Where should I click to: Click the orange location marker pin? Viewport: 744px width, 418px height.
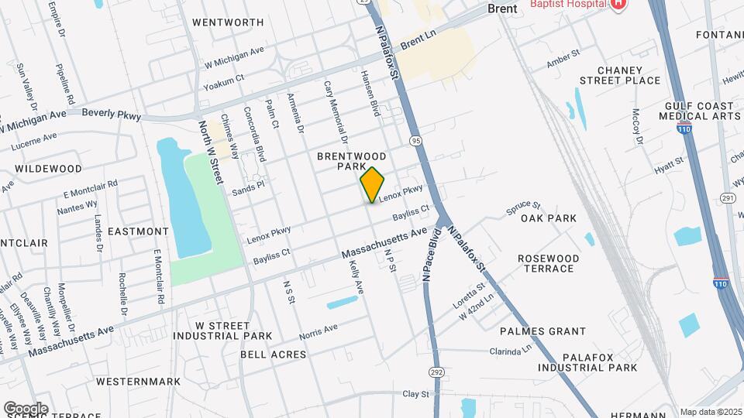(x=373, y=185)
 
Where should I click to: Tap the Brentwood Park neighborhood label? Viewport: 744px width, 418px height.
(x=351, y=161)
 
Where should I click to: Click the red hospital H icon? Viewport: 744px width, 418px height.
(x=618, y=5)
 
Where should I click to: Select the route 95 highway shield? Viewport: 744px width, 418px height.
(x=416, y=141)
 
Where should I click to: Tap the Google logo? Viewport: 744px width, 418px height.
(x=26, y=408)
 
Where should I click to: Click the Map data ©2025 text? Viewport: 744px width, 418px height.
(x=711, y=412)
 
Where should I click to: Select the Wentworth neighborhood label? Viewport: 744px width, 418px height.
(x=228, y=22)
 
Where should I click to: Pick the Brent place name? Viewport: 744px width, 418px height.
(x=502, y=9)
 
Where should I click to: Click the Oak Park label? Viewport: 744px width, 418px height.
(x=549, y=218)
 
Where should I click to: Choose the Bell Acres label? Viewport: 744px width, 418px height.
(x=273, y=355)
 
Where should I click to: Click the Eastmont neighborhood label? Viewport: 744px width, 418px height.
(x=138, y=231)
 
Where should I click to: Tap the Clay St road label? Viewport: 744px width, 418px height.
(x=415, y=394)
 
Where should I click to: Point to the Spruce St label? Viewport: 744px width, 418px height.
(x=522, y=206)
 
